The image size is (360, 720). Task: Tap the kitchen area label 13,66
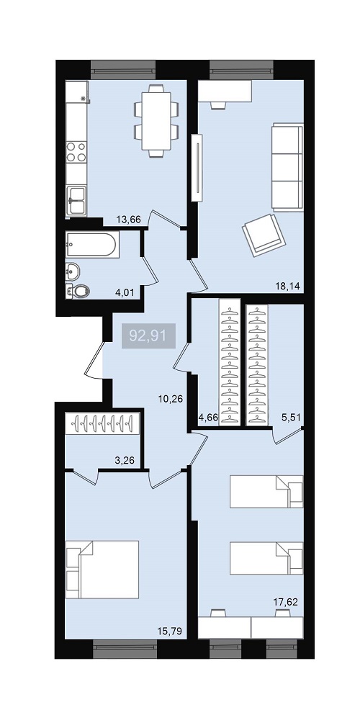point(128,220)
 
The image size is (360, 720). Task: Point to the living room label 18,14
point(287,287)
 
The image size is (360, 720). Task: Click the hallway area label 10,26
point(171,399)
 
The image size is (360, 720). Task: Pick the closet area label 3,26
point(125,459)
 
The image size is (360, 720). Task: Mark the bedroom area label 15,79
point(170,632)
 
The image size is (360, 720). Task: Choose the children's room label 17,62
point(286,602)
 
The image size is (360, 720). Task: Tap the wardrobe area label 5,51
point(290,418)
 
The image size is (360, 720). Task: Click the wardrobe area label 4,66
point(207,418)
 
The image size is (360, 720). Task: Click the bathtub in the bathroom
point(92,245)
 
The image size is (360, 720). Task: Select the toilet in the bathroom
point(77,291)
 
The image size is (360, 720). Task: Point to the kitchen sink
point(76,200)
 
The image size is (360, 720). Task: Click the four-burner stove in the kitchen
point(76,152)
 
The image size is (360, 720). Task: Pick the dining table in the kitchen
point(156,121)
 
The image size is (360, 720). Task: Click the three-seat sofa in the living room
point(287,167)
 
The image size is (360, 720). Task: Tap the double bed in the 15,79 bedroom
point(102,570)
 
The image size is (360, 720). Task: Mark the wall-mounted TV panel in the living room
point(197,168)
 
